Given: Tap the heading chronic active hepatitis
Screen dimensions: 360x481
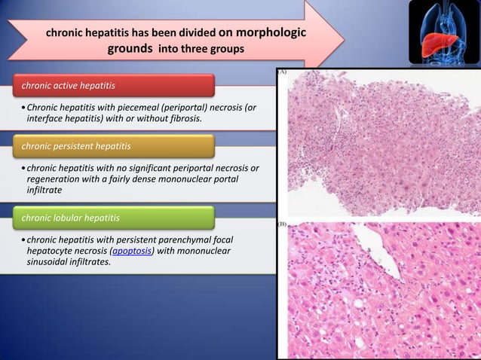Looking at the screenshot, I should point(69,83).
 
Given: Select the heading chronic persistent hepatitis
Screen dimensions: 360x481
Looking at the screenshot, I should point(76,145).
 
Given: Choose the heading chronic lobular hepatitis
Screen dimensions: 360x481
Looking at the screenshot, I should point(71,218).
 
